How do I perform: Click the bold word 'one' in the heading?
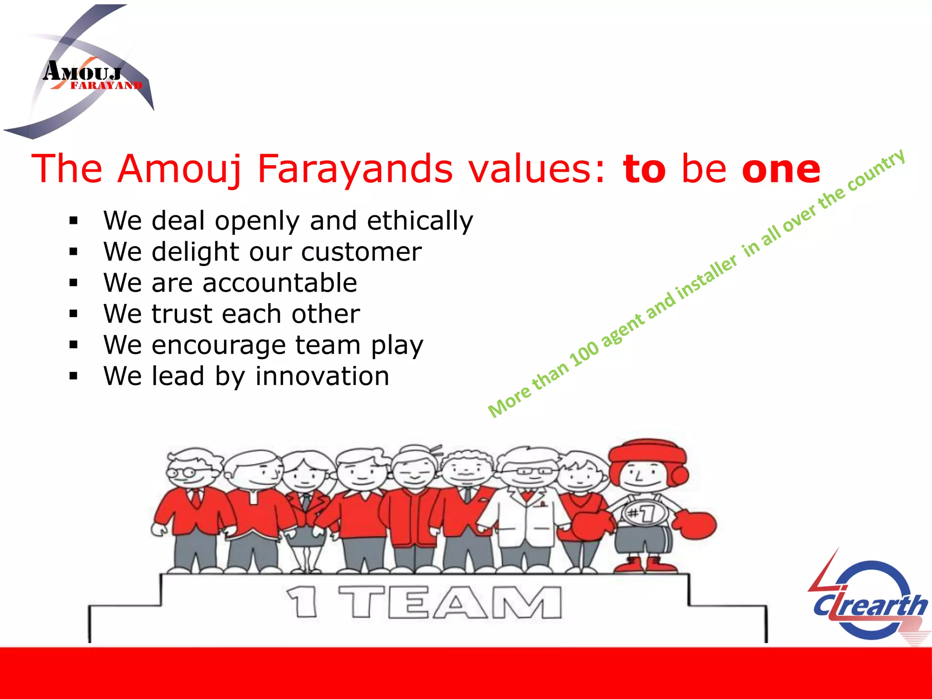(781, 169)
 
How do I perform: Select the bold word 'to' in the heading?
(644, 169)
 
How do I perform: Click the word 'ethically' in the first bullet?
(420, 222)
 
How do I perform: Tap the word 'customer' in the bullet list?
(361, 252)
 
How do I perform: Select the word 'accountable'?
(279, 283)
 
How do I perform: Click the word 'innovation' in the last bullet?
(322, 376)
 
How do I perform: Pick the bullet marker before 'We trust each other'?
(74, 314)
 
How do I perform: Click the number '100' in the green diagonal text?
(584, 353)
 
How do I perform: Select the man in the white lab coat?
(528, 510)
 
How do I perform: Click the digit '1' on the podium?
(302, 602)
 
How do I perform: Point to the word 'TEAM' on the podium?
(451, 602)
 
